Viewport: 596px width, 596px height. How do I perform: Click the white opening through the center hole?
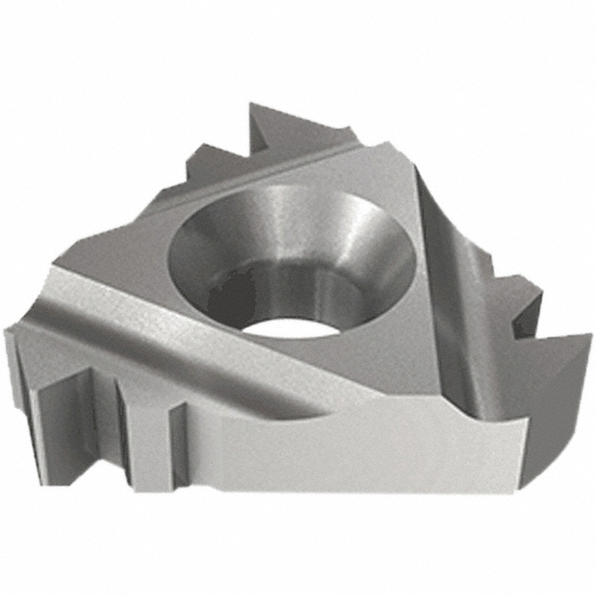click(298, 316)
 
